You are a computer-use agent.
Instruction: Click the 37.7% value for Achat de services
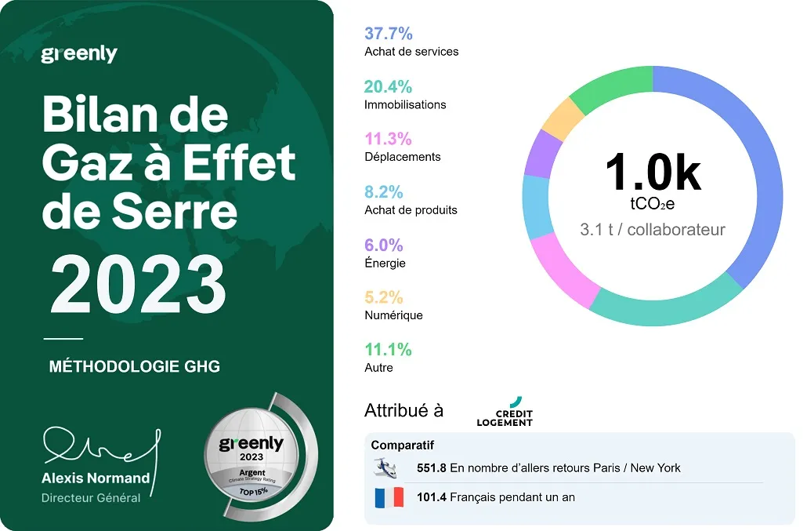[x=389, y=34]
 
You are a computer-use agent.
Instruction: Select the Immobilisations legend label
[x=405, y=104]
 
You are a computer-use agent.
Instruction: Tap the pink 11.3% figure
[x=388, y=139]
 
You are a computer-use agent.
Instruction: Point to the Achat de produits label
[x=411, y=209]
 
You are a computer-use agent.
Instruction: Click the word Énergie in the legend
[x=385, y=263]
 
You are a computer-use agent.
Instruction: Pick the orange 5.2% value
[x=384, y=297]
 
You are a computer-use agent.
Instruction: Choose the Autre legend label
[x=378, y=367]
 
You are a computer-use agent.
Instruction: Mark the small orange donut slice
[x=563, y=118]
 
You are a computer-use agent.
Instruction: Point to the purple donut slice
[x=540, y=153]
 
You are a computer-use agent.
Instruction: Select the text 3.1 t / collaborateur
[x=652, y=230]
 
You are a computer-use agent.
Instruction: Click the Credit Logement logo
[x=505, y=413]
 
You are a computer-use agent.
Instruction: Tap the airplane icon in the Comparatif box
[x=385, y=467]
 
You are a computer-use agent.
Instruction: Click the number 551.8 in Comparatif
[x=432, y=467]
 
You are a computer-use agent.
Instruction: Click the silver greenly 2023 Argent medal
[x=251, y=459]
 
